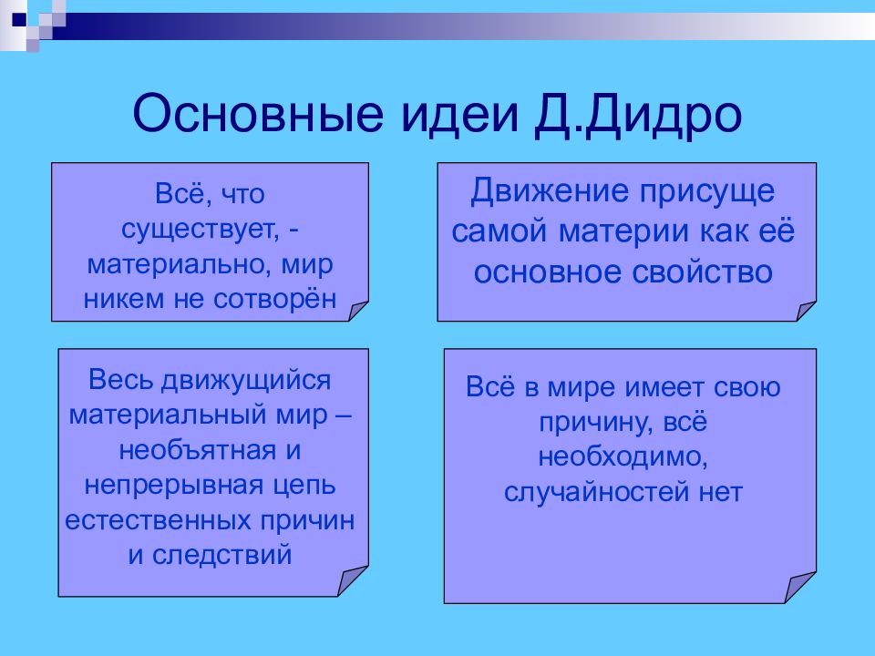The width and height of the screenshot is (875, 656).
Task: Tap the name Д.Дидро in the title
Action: click(x=638, y=116)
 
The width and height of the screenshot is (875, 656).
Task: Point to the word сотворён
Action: click(x=275, y=299)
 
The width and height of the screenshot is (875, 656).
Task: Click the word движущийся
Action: click(x=246, y=381)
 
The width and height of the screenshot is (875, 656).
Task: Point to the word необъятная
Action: click(x=198, y=450)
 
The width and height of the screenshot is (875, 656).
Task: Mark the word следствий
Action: click(x=221, y=556)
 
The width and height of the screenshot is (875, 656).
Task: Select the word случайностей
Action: click(x=596, y=493)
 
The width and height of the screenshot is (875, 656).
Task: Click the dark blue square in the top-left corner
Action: click(x=19, y=19)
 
